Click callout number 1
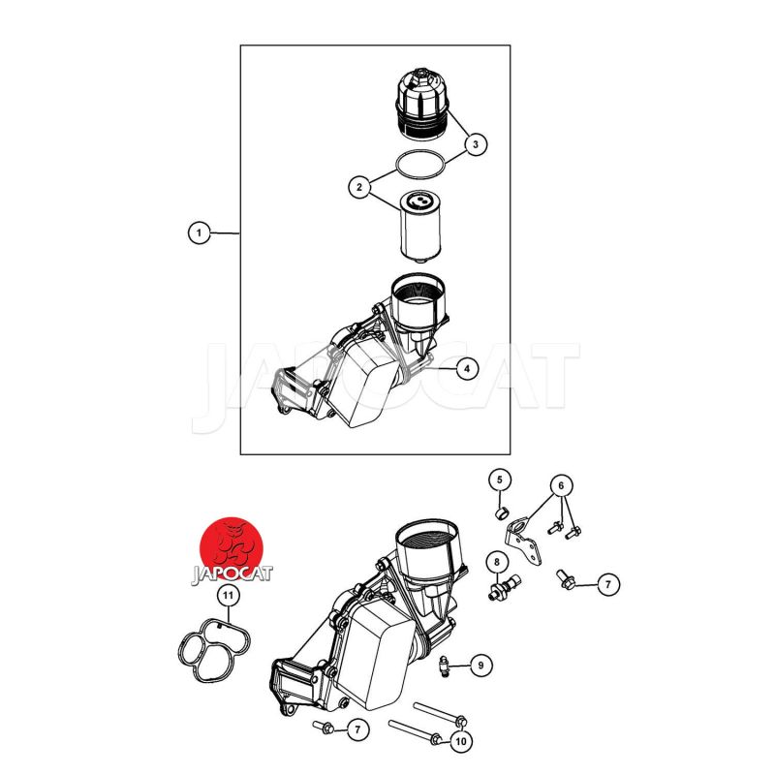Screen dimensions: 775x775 tap(200, 232)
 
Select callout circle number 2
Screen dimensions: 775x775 tap(359, 187)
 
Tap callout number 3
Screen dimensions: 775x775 tap(476, 144)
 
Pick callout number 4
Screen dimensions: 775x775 tap(467, 368)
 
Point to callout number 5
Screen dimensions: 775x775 tap(500, 480)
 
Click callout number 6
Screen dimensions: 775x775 tap(561, 486)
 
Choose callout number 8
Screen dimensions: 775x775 tap(497, 562)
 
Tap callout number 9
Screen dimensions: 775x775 tap(480, 666)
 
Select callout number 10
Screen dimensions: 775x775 tap(461, 741)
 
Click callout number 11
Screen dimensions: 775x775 tap(228, 596)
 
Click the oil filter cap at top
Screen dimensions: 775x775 tap(422, 104)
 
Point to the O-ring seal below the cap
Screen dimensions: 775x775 tap(420, 151)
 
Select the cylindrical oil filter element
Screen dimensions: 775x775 tap(419, 227)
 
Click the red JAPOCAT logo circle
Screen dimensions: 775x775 tap(232, 547)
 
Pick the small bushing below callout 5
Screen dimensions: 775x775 tap(501, 513)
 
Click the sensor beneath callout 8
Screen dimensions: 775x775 tap(504, 587)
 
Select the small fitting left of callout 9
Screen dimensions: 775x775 tap(446, 667)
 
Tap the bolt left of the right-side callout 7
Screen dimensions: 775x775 tap(566, 579)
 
